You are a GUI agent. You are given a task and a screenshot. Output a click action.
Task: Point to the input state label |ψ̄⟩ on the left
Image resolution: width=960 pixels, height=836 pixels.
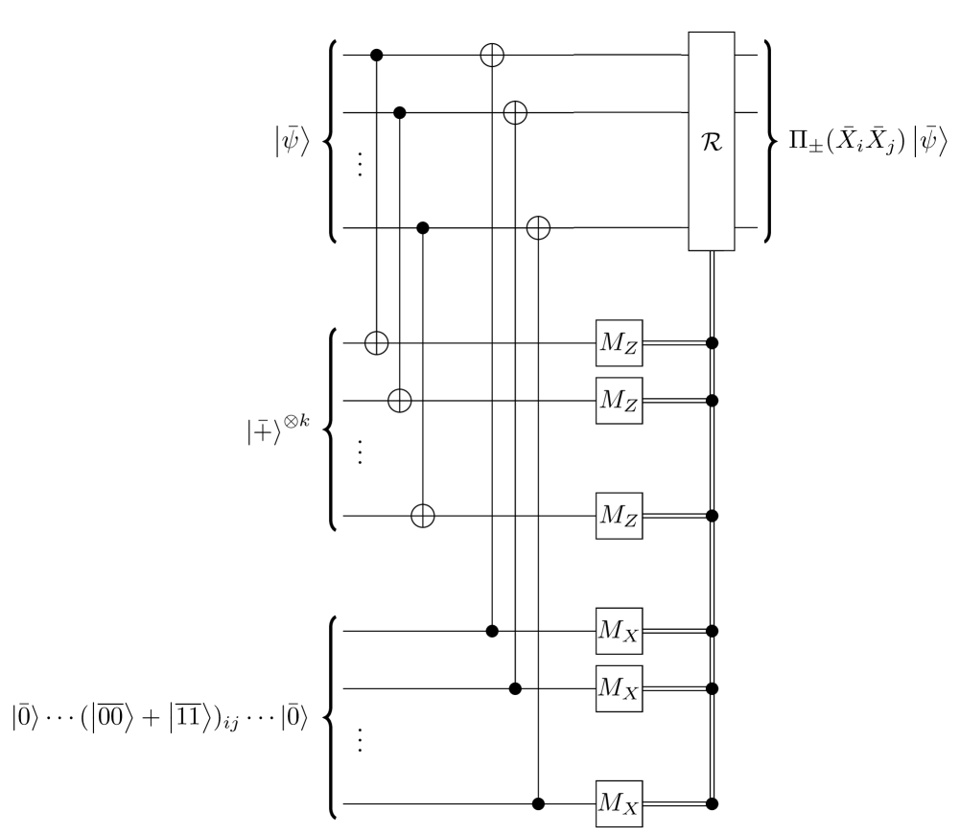tap(293, 142)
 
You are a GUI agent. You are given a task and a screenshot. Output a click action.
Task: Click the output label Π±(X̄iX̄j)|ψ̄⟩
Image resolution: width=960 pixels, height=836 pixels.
tap(868, 142)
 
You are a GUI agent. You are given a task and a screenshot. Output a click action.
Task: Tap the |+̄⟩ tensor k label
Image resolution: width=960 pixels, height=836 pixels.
tap(278, 430)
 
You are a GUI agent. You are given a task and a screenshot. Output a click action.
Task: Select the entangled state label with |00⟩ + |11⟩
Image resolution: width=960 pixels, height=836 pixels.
tap(159, 717)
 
